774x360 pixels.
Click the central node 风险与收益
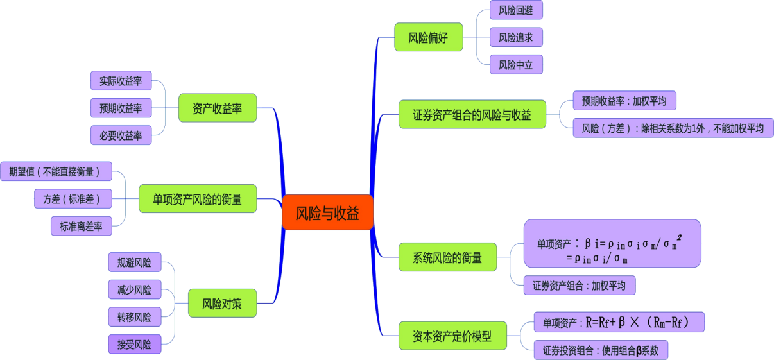[327, 212]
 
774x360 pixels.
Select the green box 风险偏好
[428, 37]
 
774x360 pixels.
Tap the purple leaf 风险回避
[516, 10]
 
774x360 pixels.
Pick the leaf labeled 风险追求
[516, 37]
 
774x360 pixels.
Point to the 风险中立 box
[516, 64]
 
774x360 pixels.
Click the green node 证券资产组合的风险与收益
[472, 114]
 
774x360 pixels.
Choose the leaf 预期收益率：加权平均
[624, 101]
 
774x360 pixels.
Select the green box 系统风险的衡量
[447, 257]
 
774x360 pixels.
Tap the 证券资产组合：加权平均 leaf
[579, 286]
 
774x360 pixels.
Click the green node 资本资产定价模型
[452, 336]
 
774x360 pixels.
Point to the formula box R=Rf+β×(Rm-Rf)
[619, 322]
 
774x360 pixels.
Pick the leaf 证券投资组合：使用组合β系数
[601, 350]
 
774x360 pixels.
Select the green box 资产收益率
[218, 108]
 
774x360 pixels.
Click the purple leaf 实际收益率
[121, 81]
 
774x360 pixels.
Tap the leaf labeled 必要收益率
[121, 135]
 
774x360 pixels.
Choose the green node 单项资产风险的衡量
[198, 199]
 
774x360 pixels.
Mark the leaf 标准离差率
[82, 226]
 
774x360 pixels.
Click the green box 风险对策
[222, 303]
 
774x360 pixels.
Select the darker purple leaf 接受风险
[134, 344]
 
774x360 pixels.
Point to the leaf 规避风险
[134, 262]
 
